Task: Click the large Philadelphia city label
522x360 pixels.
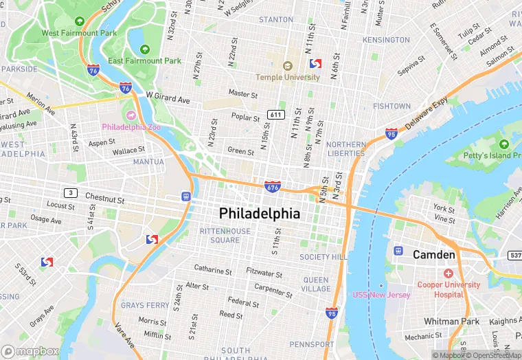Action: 260,214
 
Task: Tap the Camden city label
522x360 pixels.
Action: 433,255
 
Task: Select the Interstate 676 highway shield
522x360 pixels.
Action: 272,185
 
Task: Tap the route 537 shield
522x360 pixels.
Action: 515,256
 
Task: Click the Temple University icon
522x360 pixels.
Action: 288,66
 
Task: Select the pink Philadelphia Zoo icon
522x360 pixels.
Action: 130,114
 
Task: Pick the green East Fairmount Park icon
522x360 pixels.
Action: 144,49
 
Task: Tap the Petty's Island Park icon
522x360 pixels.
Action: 504,144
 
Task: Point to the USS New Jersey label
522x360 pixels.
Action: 381,295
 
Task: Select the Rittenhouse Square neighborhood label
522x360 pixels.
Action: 225,236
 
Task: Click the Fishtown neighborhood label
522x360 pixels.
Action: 391,106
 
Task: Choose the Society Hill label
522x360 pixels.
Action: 324,257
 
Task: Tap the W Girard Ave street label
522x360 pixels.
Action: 168,99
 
